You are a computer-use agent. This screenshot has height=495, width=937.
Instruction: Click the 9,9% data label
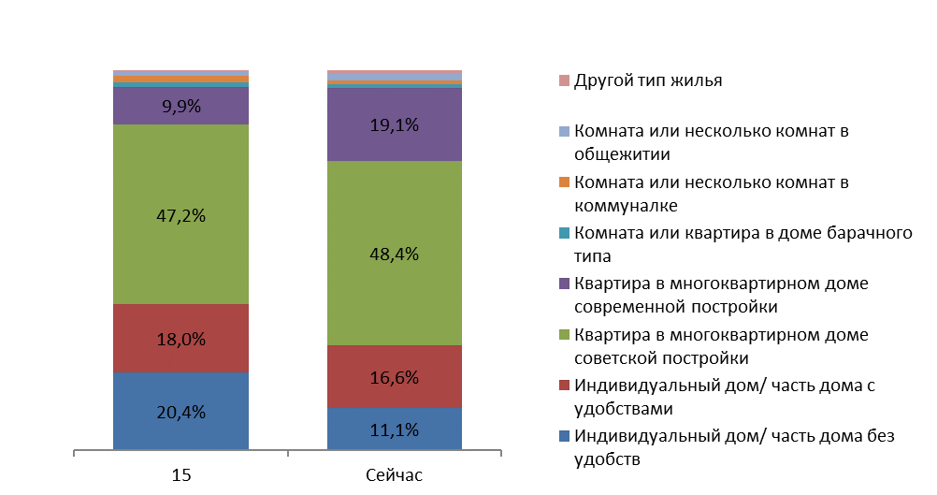coord(181,107)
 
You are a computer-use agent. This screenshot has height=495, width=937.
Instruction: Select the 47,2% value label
coord(181,216)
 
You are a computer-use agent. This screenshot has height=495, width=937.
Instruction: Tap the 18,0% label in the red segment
coord(181,340)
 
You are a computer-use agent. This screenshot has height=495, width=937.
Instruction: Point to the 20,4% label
coord(181,412)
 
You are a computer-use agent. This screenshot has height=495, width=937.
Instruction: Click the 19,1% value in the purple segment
coord(395,125)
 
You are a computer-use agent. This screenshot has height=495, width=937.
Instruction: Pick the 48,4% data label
coord(395,255)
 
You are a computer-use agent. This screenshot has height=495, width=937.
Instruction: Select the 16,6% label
coord(395,378)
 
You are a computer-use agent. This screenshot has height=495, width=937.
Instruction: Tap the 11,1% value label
coord(395,429)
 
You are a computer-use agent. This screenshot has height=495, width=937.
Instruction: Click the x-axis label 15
coord(181,475)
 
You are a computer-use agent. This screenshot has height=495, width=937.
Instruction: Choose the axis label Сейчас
coord(394,475)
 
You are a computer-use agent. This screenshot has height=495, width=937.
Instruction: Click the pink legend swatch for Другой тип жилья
coord(564,80)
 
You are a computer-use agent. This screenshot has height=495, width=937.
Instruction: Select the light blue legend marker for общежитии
coord(564,131)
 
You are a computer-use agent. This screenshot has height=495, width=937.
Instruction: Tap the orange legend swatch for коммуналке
coord(564,182)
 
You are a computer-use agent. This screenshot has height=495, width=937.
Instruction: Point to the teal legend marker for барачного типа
coord(564,233)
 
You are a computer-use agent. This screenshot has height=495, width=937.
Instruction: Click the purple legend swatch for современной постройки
coord(564,284)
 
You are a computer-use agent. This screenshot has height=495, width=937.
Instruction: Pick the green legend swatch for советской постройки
coord(564,335)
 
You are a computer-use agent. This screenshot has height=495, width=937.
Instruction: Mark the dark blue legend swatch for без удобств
coord(564,436)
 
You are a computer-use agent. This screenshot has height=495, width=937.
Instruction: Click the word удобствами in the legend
coord(624,410)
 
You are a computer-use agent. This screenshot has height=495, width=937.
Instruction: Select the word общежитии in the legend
coord(622,154)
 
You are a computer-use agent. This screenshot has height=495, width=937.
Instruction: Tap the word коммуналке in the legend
coord(626,206)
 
